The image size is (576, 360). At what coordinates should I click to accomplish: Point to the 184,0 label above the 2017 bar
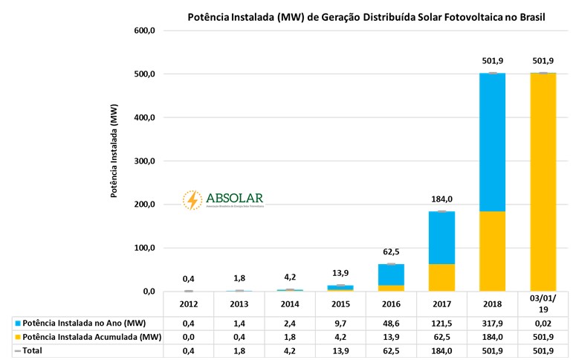click(x=442, y=199)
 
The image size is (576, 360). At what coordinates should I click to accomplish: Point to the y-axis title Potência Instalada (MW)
click(x=114, y=151)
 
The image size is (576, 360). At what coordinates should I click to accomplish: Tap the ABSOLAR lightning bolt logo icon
click(x=192, y=200)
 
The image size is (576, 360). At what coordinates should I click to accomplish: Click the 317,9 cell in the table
click(x=494, y=324)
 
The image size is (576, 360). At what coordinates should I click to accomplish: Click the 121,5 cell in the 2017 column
click(x=442, y=324)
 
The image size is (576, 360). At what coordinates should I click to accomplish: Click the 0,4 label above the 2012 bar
click(x=188, y=279)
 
